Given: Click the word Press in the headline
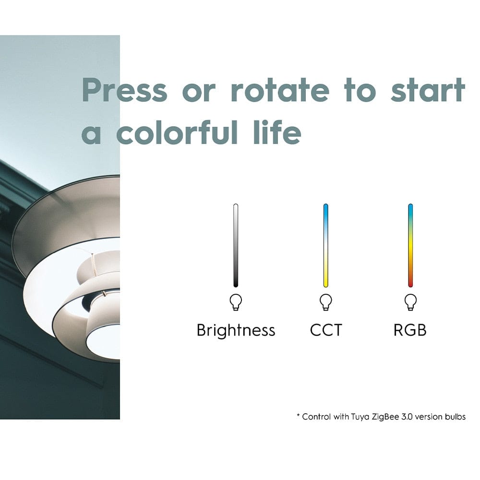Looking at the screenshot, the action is point(125,90).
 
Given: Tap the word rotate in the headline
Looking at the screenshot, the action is point(280,90).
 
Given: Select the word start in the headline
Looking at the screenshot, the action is point(428,90).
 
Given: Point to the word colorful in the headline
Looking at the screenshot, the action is point(177,132).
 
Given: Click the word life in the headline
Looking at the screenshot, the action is point(277,132).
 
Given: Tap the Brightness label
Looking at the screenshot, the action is point(236,331).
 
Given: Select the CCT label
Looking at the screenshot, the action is point(326,330).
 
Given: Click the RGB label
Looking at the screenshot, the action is point(410,330).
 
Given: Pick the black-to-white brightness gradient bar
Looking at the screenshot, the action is point(236,245).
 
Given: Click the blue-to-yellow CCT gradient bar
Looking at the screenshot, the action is point(326,245).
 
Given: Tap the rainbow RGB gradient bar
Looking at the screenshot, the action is point(410,245).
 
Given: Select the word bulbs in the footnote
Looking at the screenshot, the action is point(456,417).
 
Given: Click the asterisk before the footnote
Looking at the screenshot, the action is point(298,415).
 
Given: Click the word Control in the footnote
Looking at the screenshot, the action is point(316,417).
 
